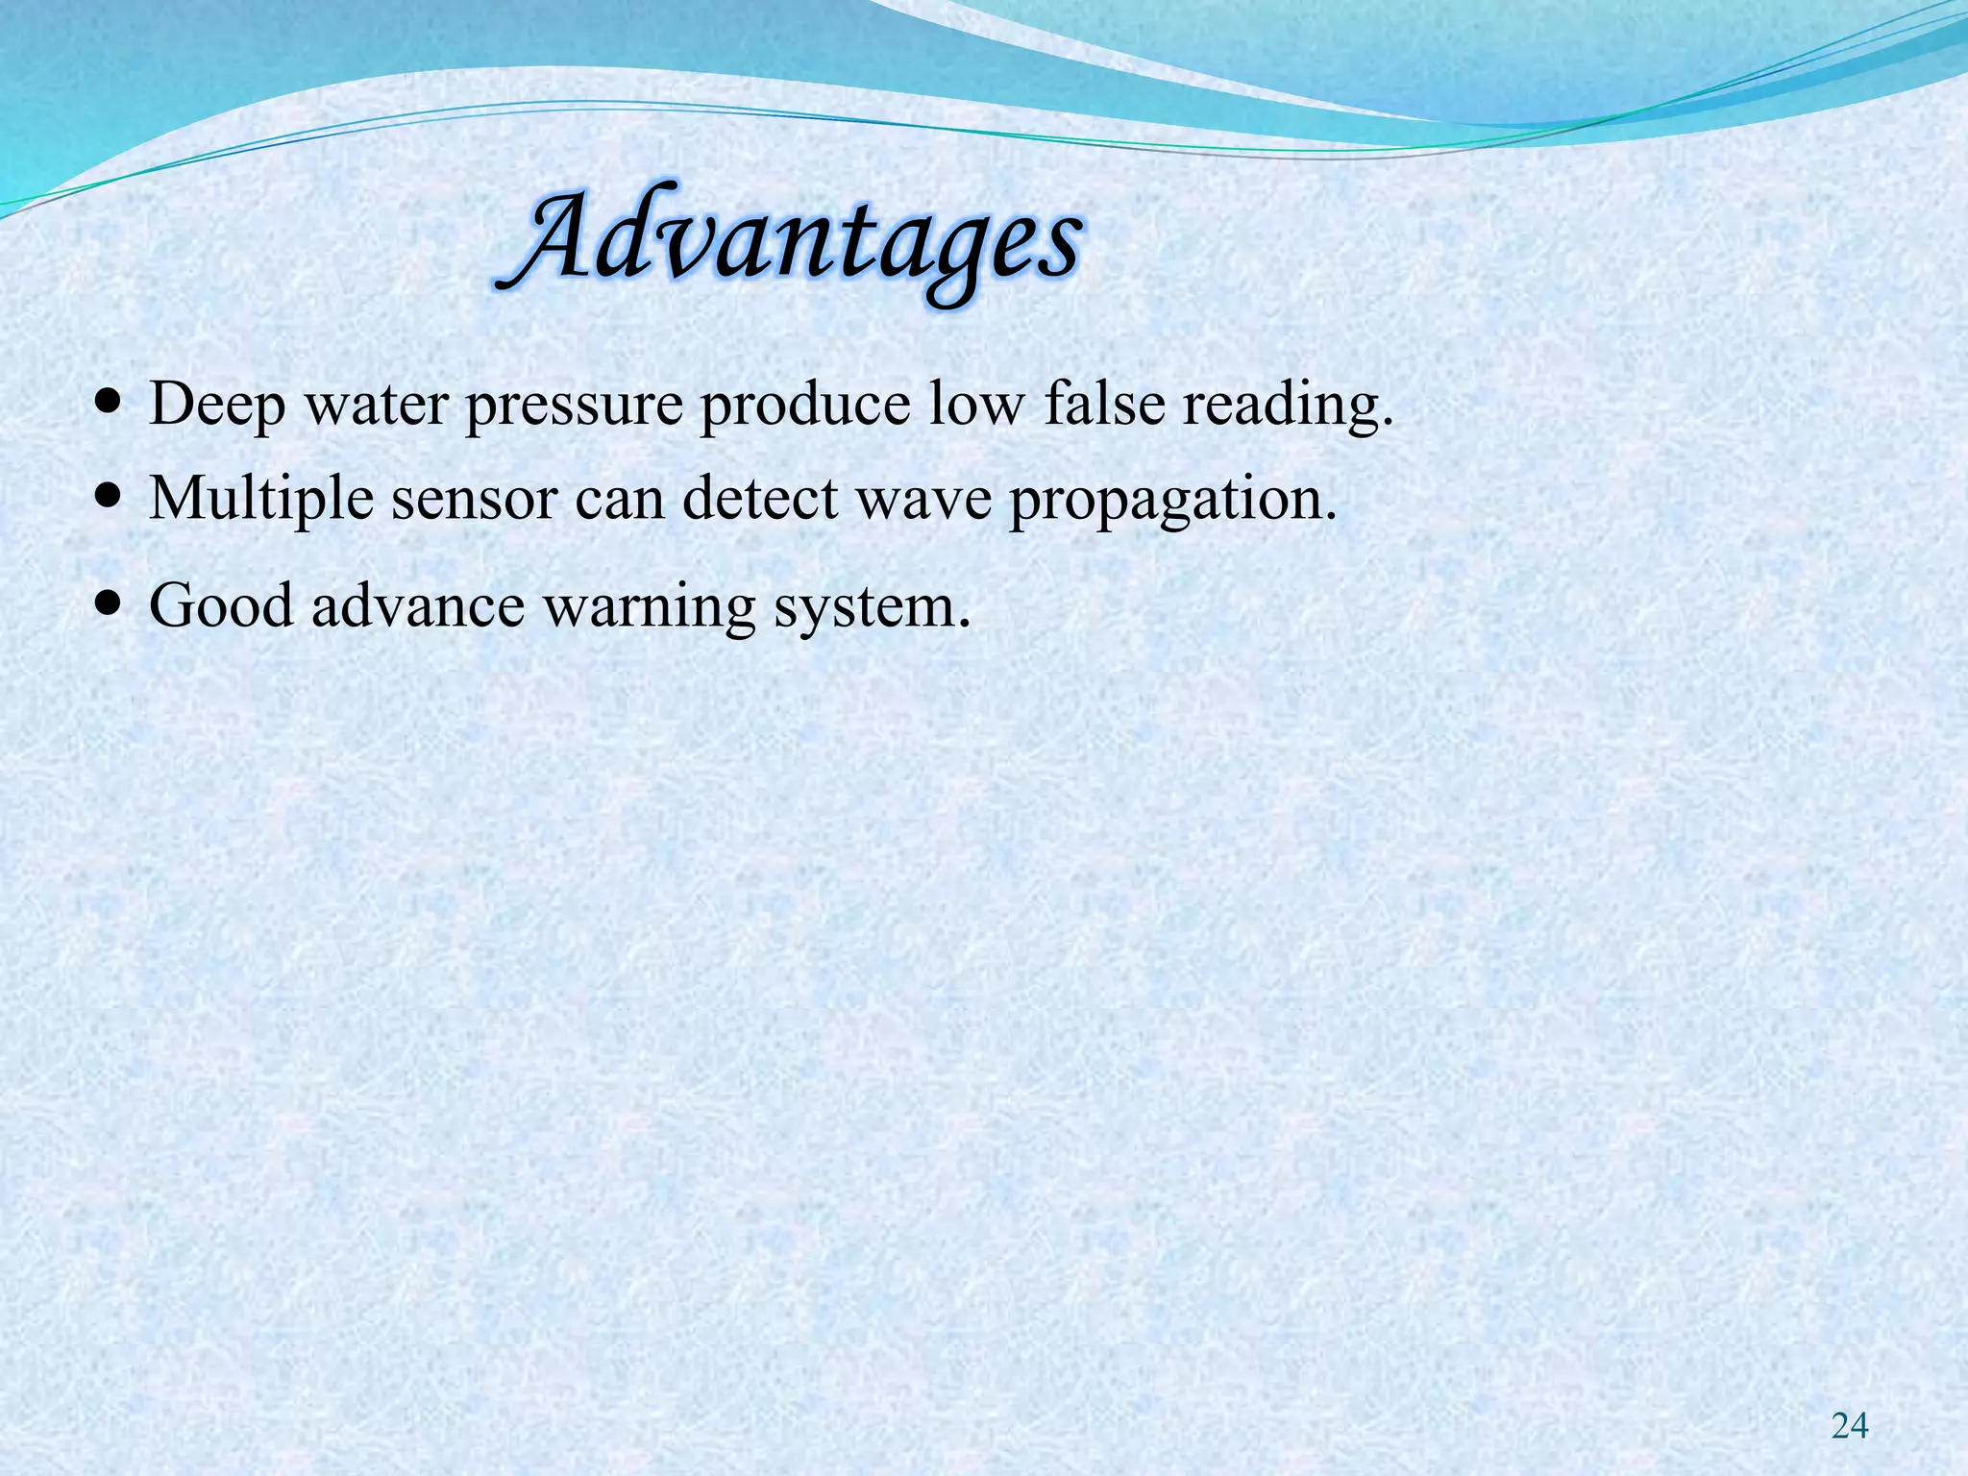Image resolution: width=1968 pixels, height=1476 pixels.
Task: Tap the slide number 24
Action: tap(1850, 1427)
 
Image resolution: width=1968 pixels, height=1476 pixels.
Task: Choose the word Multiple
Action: tap(261, 500)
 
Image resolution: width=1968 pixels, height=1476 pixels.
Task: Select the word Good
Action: tap(221, 606)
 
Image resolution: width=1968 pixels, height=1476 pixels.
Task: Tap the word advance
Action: tap(419, 606)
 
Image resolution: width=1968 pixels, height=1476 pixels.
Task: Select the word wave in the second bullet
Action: tap(923, 500)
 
